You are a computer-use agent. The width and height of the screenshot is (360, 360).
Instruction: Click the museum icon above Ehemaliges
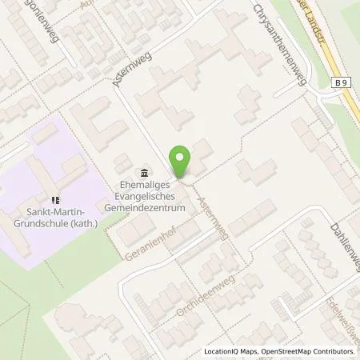[143, 174]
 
